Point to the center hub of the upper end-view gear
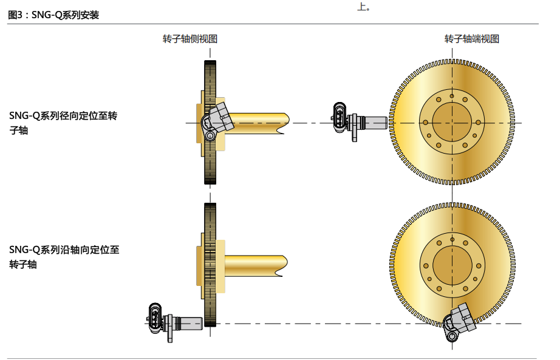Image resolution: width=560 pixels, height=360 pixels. pos(452,123)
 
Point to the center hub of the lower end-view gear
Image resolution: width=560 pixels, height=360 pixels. pos(452,265)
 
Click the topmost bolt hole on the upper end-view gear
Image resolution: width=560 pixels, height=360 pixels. pos(452,97)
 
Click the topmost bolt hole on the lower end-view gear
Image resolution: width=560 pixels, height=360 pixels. pos(452,239)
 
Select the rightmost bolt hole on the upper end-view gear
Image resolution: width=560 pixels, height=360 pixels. pos(478,122)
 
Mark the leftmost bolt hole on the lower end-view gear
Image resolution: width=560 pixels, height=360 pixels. pos(426,265)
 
